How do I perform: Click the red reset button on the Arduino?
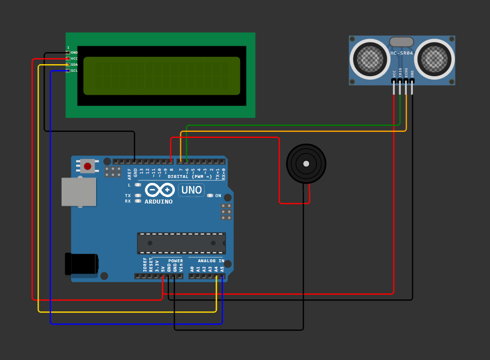click(x=88, y=166)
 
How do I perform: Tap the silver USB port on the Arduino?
click(x=79, y=192)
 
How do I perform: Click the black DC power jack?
click(x=81, y=264)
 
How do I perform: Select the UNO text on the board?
click(x=191, y=190)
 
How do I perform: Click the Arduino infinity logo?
click(x=160, y=190)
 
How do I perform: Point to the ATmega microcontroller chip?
click(x=181, y=243)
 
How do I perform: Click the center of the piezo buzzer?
click(x=306, y=163)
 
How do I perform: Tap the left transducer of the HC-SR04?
click(x=370, y=59)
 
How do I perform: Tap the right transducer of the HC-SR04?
click(x=434, y=59)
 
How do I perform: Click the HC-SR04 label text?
click(x=402, y=53)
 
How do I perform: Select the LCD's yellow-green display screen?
click(x=161, y=76)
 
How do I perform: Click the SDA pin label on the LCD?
click(x=74, y=65)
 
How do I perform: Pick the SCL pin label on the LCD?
click(x=74, y=71)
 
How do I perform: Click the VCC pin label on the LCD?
click(x=74, y=59)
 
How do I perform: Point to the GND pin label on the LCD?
click(x=74, y=53)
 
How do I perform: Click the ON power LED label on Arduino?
click(x=218, y=196)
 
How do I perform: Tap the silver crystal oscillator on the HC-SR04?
click(x=401, y=42)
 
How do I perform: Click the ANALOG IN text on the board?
click(x=211, y=261)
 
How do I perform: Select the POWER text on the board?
click(x=175, y=261)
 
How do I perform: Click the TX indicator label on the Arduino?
click(x=128, y=196)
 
